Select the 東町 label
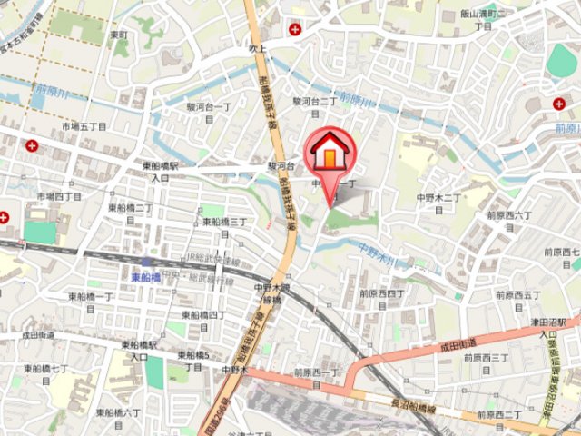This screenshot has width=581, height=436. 118,35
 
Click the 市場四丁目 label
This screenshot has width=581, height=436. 60,196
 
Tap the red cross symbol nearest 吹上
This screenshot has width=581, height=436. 294,30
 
